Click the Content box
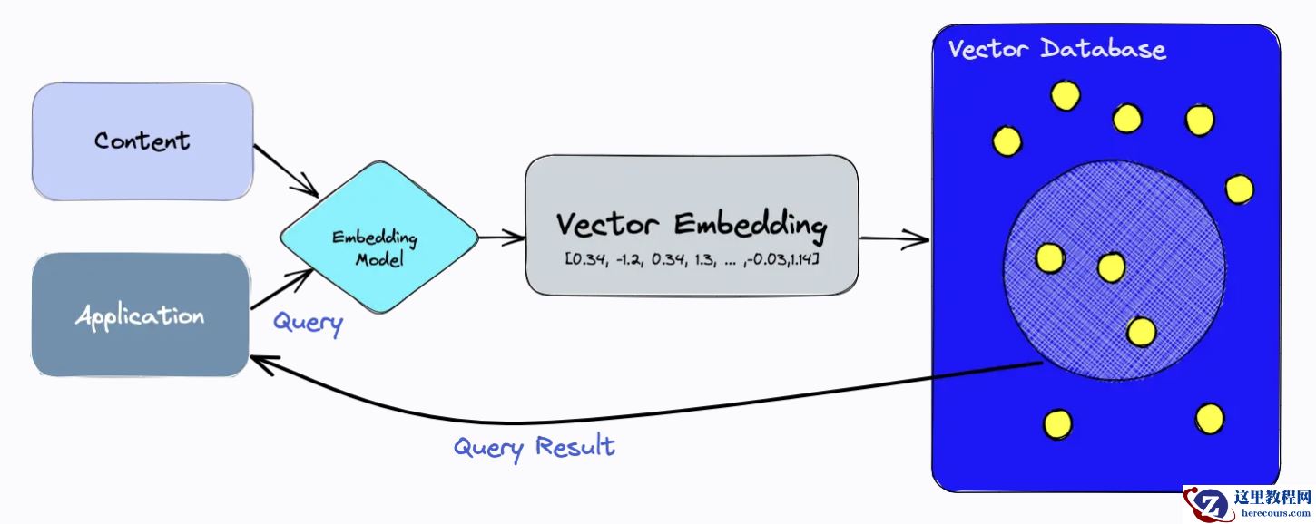pos(142,141)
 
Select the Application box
pos(140,315)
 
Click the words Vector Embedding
pos(691,223)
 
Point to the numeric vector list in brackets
pos(692,260)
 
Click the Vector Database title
pos(1056,48)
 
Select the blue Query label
pos(308,322)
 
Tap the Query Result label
pos(534,446)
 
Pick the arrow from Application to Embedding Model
pos(281,289)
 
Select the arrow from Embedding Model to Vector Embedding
pos(502,238)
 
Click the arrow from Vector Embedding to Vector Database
pos(894,239)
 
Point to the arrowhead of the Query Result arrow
pos(259,362)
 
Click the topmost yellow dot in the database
pos(1066,94)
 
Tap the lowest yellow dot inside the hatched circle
pos(1141,332)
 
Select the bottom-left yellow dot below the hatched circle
pos(1057,423)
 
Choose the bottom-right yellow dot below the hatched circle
pos(1210,418)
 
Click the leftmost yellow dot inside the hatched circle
pos(1050,258)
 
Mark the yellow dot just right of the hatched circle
pos(1239,189)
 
